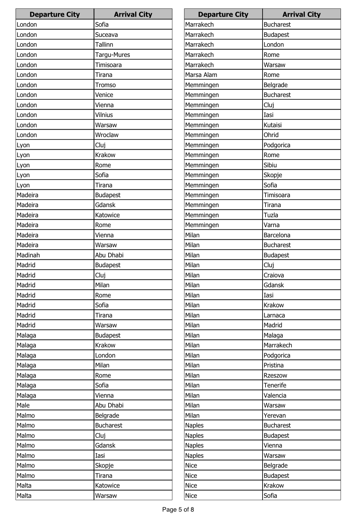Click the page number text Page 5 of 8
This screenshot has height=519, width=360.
[178, 509]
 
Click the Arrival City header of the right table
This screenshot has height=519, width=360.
[301, 14]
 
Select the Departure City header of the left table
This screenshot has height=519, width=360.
[55, 14]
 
